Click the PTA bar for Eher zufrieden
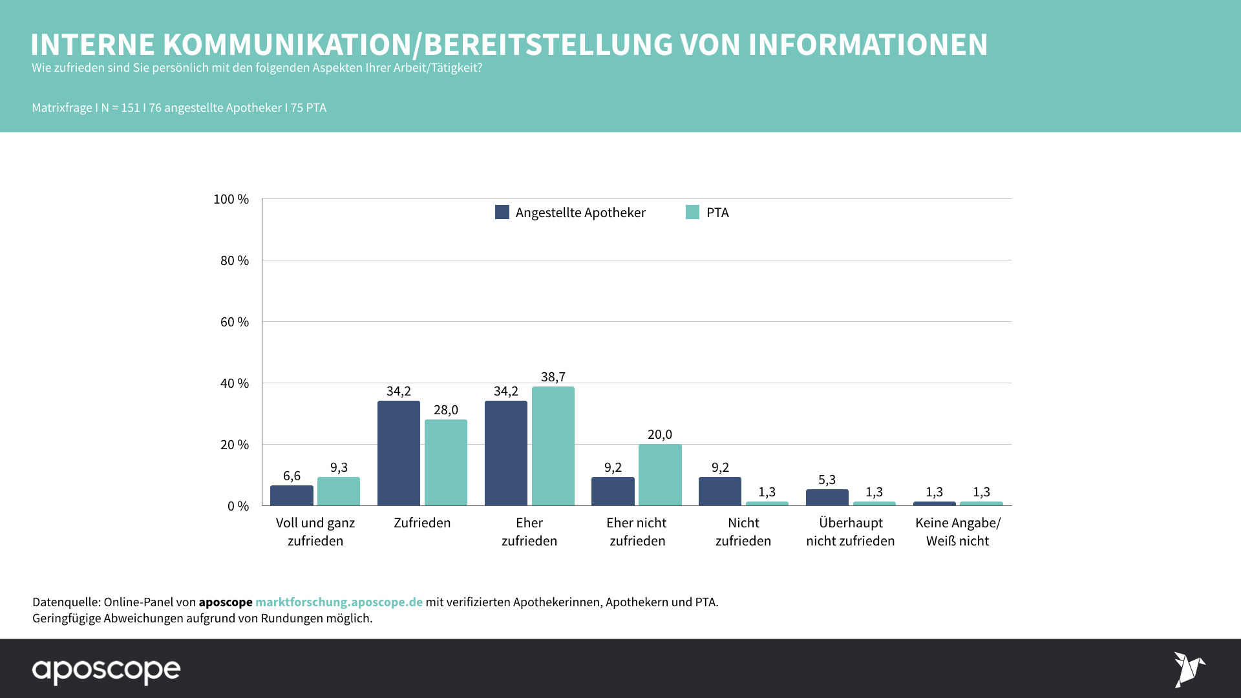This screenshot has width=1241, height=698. pos(553,446)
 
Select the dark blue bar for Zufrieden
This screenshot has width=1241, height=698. pos(398,453)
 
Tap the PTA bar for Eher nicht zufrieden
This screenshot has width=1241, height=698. pos(660,475)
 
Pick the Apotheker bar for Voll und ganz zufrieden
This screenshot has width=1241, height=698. pos(292,496)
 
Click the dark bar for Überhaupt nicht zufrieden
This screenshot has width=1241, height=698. pos(827,498)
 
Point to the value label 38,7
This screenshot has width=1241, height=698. pos(553,377)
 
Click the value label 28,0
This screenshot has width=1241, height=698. pos(445,410)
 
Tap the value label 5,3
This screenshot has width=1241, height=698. pos(827,480)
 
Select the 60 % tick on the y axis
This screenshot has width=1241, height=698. pos(235,322)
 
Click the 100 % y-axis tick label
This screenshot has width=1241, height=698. pos(231,199)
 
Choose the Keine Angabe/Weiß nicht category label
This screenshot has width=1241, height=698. pos(957,532)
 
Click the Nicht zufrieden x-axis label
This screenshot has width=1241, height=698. pos(743,532)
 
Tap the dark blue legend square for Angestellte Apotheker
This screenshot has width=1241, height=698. pos(502,212)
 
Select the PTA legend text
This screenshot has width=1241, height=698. pos(717,213)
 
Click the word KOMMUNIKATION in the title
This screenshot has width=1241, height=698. pos(287,45)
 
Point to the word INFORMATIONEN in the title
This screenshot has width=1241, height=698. pos(868,45)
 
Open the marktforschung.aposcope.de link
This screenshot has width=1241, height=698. pos(339,602)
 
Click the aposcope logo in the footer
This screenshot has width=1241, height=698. pos(107,670)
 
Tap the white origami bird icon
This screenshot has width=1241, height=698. pos(1189,669)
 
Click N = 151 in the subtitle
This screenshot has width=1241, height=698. pos(120,108)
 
